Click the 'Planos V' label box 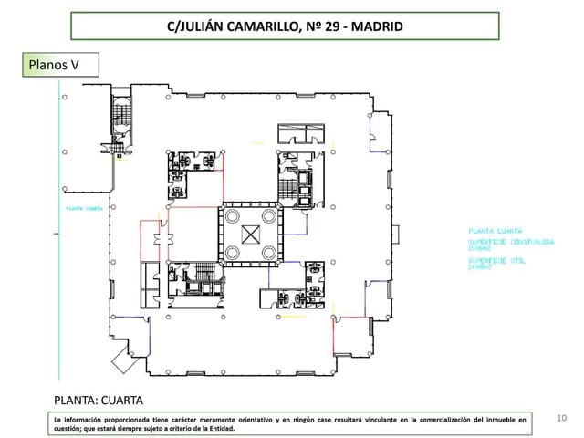click(x=57, y=67)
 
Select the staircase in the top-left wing click(x=121, y=118)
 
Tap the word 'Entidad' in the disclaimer click(x=217, y=428)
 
